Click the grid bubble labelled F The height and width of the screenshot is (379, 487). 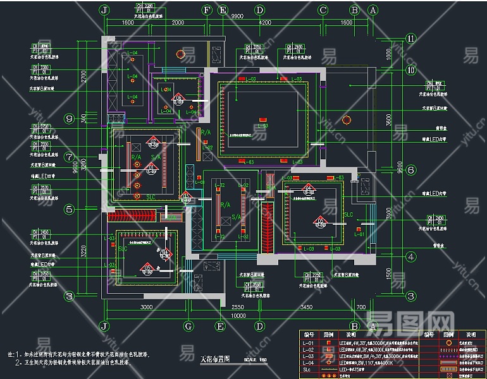click(207, 10)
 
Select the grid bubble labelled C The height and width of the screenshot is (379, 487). click(323, 10)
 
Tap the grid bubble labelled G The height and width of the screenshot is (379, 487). click(188, 326)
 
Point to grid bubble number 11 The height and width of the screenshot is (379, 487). click(410, 39)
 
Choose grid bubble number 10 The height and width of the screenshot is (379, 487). click(410, 70)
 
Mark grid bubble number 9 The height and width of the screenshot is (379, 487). click(87, 118)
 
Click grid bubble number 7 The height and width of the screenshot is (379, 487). click(87, 157)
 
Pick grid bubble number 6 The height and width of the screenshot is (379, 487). click(410, 170)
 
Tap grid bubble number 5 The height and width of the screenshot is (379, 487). click(87, 209)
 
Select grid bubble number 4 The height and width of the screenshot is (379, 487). click(410, 256)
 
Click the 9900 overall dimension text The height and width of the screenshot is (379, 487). click(237, 16)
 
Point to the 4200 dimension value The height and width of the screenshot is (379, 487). click(265, 23)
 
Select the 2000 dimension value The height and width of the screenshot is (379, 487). click(178, 23)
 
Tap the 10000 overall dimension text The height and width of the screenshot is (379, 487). click(238, 316)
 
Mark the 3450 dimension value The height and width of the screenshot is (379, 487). click(305, 307)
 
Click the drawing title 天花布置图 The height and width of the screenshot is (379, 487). click(214, 359)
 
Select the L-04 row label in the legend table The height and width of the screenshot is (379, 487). click(309, 363)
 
